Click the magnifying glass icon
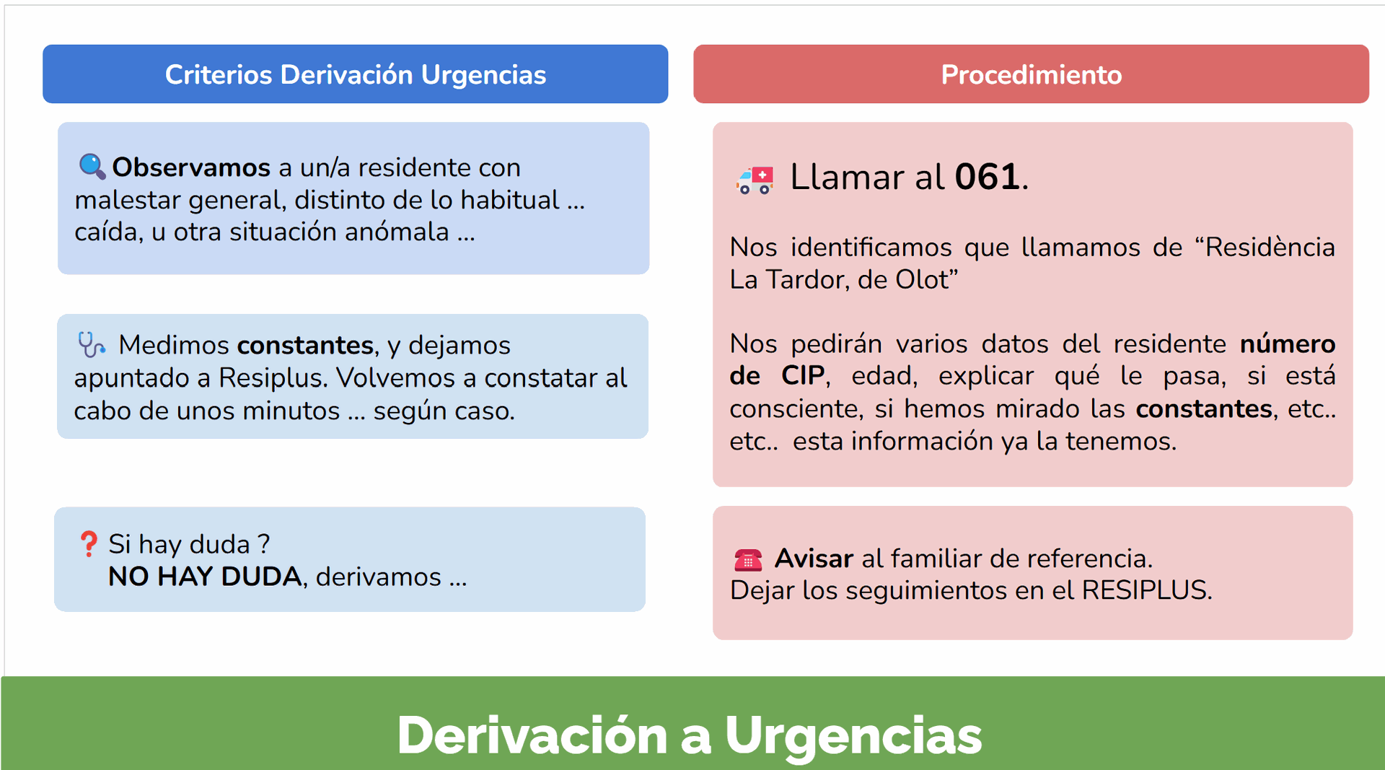tap(92, 167)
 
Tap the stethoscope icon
tap(92, 345)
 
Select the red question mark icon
tap(89, 544)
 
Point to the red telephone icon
tap(748, 559)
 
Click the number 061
tap(987, 177)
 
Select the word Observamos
tap(191, 167)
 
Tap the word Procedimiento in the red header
tap(1032, 74)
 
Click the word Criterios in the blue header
tap(219, 74)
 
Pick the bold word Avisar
tap(814, 559)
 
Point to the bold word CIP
tap(803, 375)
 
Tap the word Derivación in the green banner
tap(532, 735)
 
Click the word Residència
tap(1270, 248)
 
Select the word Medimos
tap(174, 345)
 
